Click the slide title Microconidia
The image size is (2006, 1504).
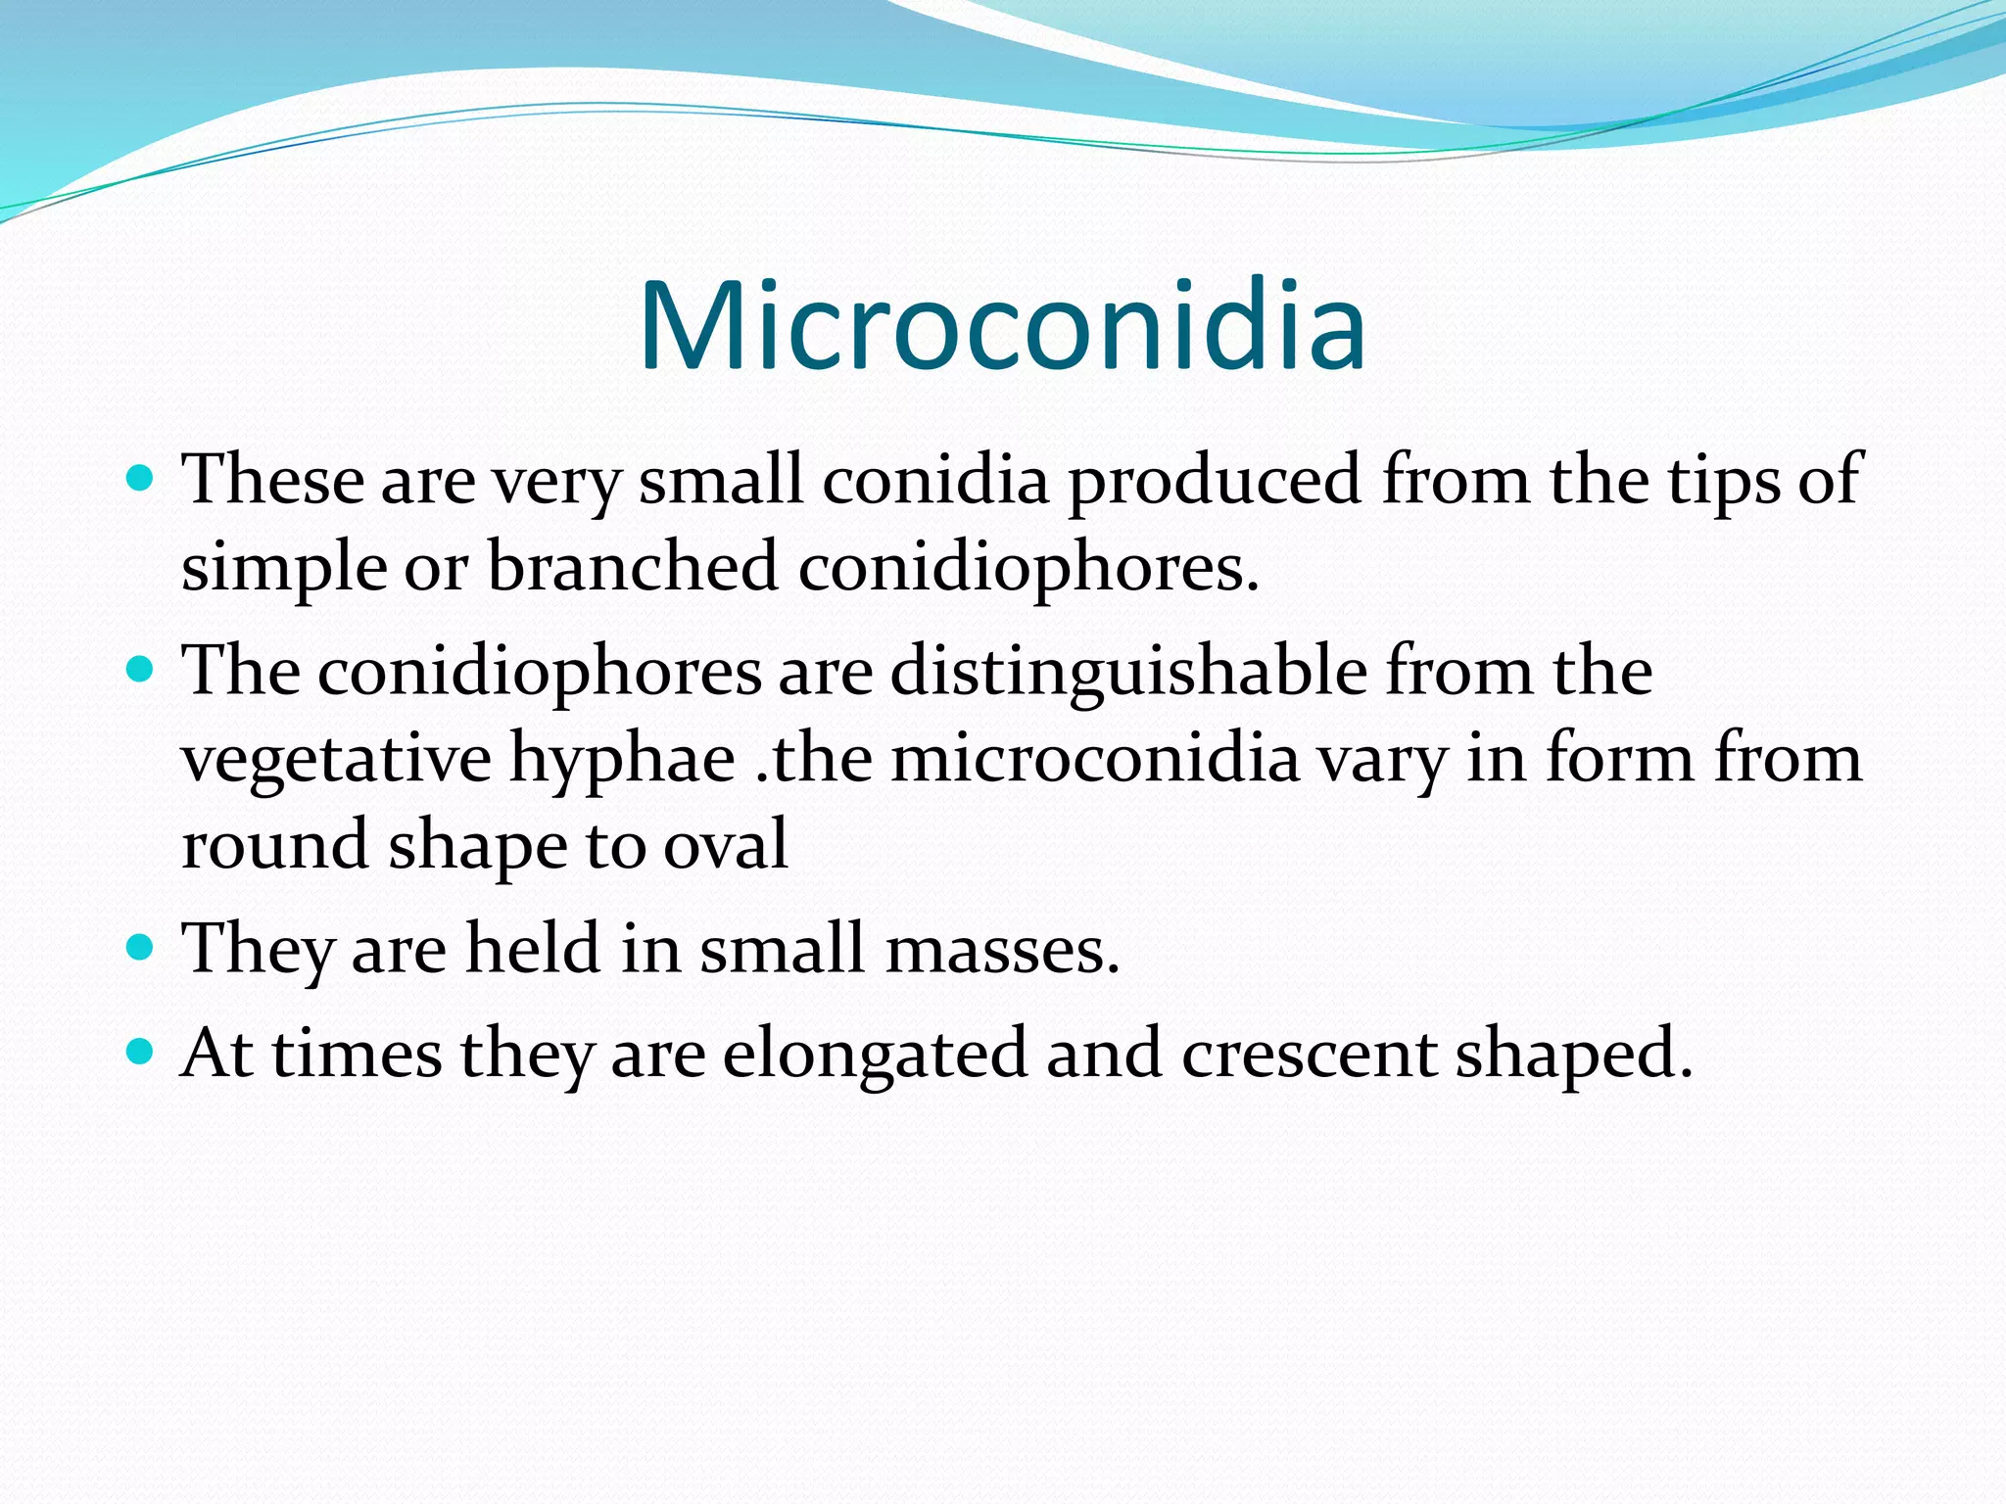[x=1002, y=327]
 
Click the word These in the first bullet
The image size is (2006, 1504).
[x=273, y=480]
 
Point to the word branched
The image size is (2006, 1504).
[x=632, y=567]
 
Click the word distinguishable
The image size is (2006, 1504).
[x=1128, y=674]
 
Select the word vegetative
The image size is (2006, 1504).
[x=336, y=760]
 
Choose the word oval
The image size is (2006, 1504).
[x=726, y=844]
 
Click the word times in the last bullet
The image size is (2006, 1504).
[x=357, y=1054]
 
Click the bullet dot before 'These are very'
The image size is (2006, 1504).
[x=141, y=480]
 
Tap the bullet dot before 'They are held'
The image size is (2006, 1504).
[x=141, y=948]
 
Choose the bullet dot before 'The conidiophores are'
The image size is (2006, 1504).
[x=141, y=671]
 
